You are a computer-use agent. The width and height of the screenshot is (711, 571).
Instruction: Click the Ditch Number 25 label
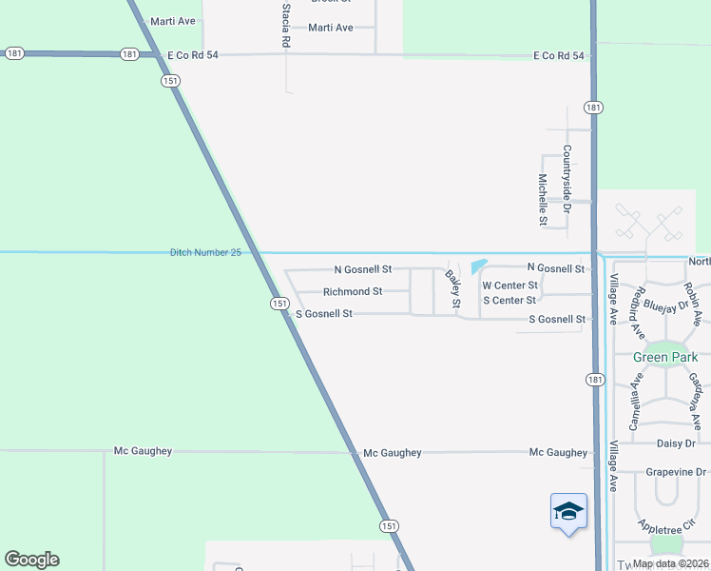click(205, 252)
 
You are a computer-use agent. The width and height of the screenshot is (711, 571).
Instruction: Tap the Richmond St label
click(353, 291)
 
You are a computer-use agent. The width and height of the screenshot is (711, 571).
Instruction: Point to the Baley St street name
click(453, 289)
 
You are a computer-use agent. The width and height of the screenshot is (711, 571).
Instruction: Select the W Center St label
click(510, 285)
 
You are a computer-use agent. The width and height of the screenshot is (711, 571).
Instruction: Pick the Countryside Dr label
click(567, 178)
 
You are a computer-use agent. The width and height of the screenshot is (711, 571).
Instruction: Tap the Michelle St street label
click(543, 200)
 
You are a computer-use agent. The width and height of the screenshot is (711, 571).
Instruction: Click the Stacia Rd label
click(286, 26)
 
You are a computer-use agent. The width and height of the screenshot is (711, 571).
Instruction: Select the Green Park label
click(665, 357)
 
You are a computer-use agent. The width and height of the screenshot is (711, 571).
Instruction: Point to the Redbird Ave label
click(640, 312)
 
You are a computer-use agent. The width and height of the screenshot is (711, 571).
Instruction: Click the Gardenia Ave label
click(695, 400)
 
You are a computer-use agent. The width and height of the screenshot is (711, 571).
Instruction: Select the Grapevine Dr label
click(677, 471)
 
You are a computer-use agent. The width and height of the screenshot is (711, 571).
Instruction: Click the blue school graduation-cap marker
click(568, 511)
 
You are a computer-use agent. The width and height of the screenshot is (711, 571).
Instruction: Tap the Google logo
click(31, 559)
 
